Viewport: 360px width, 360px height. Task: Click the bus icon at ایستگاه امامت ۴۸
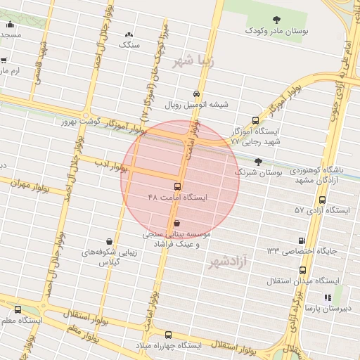click(176, 187)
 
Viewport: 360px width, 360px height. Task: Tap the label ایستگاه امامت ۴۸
click(178, 198)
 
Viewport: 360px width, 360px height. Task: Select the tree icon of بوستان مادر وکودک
click(275, 20)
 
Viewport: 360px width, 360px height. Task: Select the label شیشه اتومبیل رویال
click(197, 105)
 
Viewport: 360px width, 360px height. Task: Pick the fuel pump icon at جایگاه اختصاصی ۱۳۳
click(302, 240)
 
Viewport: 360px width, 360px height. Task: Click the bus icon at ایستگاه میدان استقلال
click(302, 270)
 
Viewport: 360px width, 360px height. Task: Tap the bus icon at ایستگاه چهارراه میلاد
click(168, 335)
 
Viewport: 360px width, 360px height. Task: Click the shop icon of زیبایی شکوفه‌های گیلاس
click(108, 240)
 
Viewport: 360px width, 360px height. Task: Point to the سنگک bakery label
click(130, 44)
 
